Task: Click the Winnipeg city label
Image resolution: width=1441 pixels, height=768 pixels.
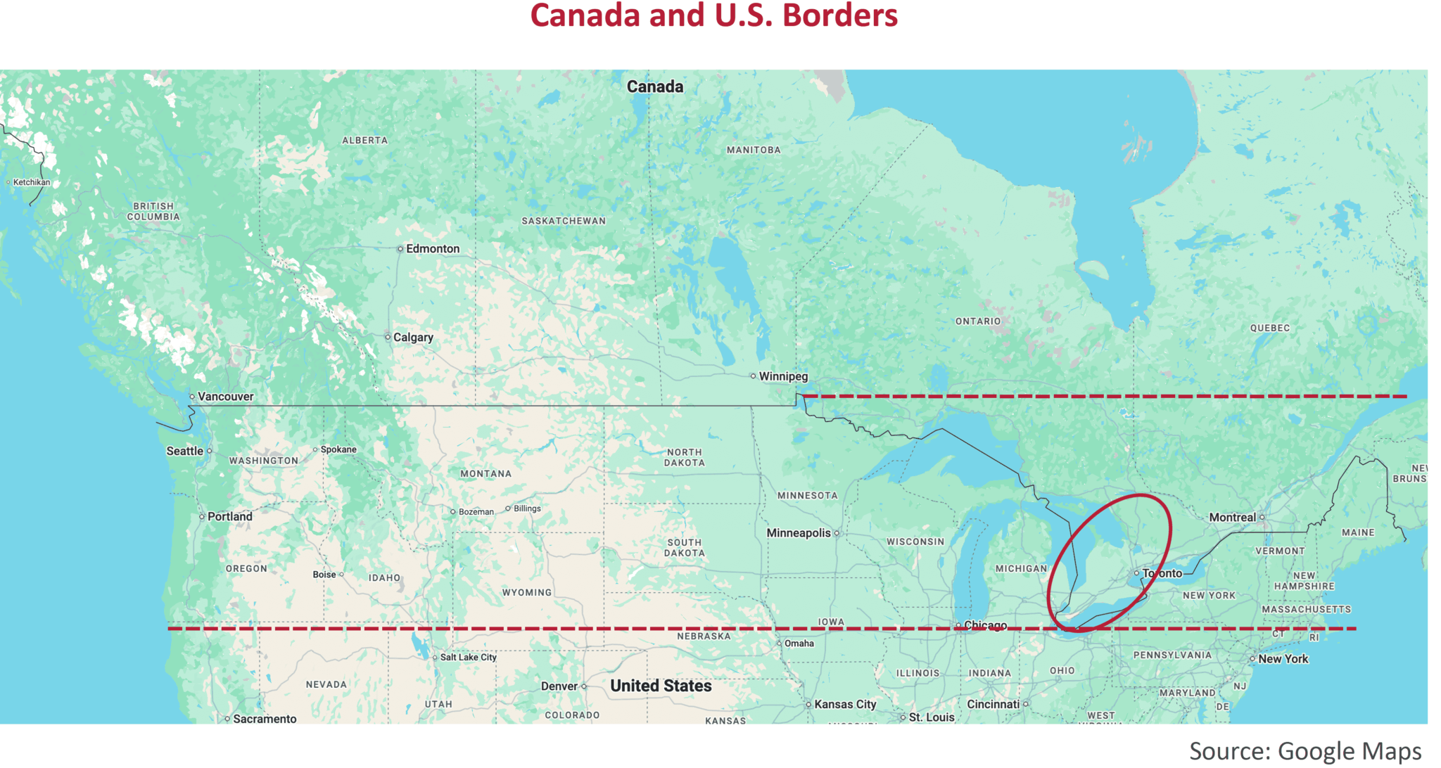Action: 783,376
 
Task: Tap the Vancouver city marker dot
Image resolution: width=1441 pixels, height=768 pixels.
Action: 192,397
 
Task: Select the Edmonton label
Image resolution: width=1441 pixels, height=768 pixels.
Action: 433,249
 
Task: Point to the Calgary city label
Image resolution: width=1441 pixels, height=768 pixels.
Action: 413,338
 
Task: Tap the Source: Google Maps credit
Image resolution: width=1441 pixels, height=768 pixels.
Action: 1304,751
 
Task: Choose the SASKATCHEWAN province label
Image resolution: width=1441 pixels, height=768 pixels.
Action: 563,221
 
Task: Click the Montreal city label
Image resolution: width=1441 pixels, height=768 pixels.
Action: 1232,518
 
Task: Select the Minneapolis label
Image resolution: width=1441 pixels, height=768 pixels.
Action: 799,533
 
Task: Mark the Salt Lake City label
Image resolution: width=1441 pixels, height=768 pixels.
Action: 468,658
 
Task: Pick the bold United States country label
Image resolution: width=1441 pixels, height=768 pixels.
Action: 661,686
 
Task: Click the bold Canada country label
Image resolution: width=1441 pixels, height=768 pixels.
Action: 654,87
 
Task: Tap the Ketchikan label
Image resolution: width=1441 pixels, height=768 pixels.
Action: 32,182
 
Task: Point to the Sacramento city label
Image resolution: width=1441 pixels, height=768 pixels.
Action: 265,719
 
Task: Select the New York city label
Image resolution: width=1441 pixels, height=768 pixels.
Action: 1283,659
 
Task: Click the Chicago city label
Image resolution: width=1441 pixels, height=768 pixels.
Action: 985,625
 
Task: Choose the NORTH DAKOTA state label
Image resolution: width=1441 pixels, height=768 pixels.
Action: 684,457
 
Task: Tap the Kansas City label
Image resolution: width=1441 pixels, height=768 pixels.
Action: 845,704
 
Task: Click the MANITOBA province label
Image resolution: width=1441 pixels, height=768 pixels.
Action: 753,150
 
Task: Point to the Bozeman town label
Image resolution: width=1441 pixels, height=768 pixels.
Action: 476,512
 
